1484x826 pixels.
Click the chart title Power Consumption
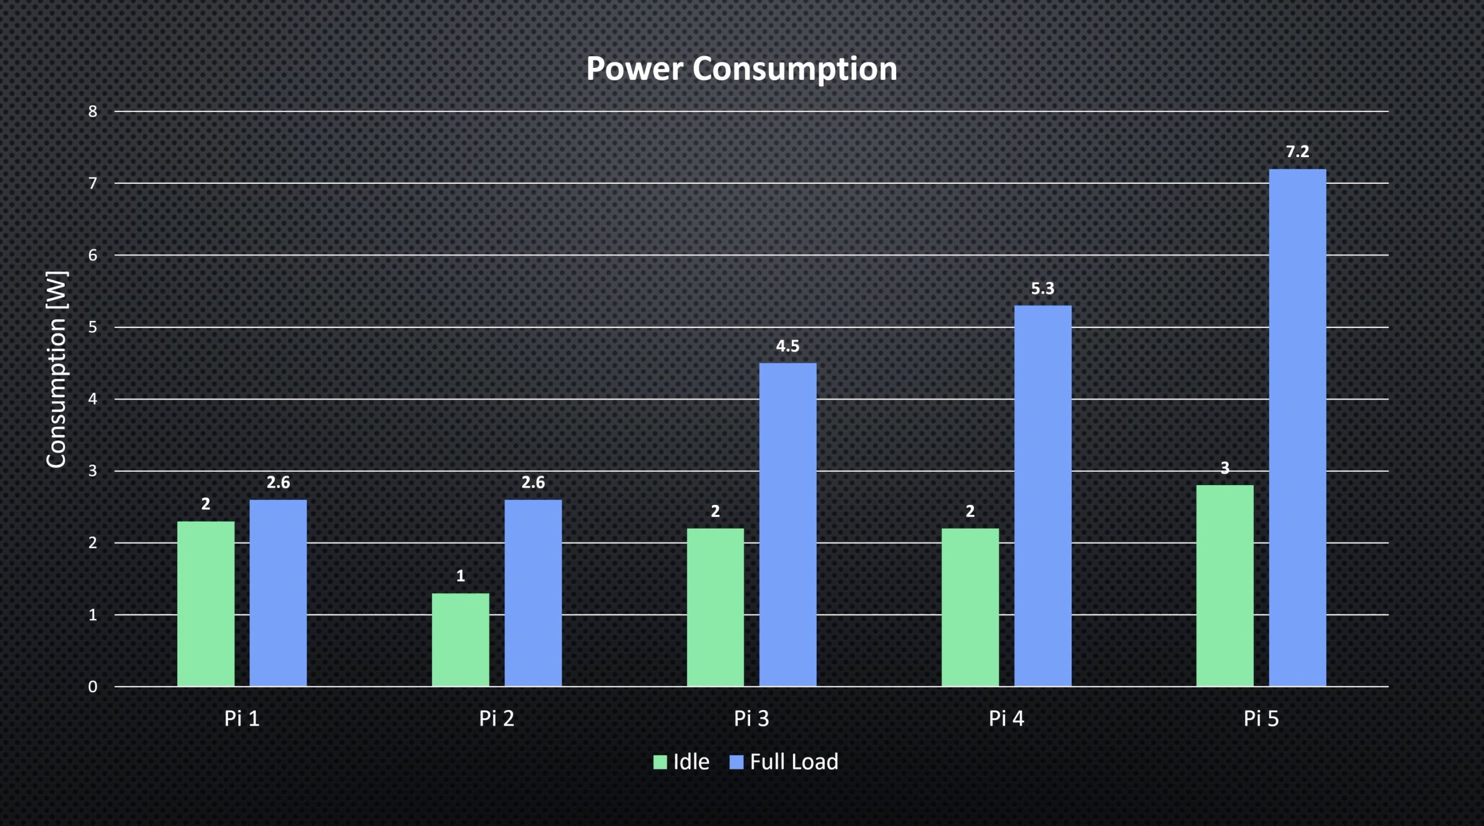click(x=741, y=68)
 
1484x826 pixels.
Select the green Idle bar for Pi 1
click(x=206, y=603)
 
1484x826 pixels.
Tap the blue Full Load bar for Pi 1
click(x=278, y=593)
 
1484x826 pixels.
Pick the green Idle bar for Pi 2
click(x=460, y=639)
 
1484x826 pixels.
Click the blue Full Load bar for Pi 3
click(x=788, y=525)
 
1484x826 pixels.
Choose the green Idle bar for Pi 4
click(x=970, y=607)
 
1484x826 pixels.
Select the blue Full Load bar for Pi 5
click(x=1297, y=428)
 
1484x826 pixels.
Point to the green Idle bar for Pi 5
click(x=1225, y=585)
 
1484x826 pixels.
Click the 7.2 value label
click(x=1297, y=152)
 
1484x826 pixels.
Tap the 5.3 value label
click(x=1042, y=289)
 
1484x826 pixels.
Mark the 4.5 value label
click(x=787, y=346)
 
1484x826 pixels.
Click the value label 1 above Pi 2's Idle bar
click(x=460, y=576)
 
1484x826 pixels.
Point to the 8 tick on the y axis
click(x=93, y=111)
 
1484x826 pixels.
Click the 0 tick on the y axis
click(x=93, y=687)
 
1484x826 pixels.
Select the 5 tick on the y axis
click(x=93, y=328)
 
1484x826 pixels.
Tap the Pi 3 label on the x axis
click(x=751, y=719)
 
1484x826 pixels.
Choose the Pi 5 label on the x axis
click(x=1261, y=719)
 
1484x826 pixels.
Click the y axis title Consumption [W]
click(x=57, y=369)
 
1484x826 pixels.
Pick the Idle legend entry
click(x=682, y=762)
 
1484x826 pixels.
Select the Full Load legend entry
click(x=784, y=762)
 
